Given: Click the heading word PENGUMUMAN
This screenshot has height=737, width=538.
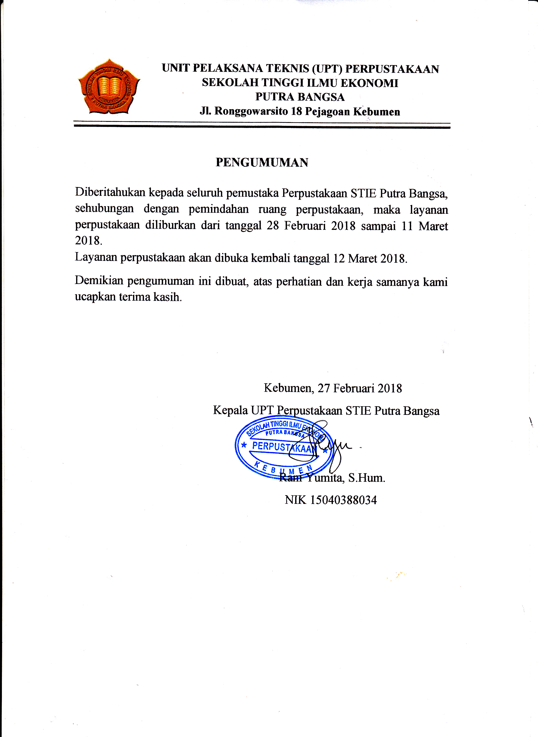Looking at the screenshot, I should point(262,163).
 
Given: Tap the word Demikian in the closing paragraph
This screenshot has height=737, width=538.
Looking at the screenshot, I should point(99,281).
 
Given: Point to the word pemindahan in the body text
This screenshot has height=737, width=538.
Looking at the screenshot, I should point(219,209).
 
